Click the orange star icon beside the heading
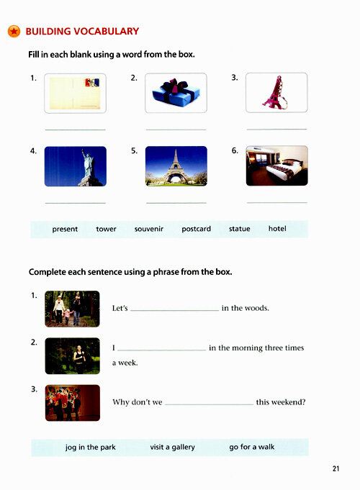[14, 31]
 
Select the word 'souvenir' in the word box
[149, 229]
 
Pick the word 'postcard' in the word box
[196, 229]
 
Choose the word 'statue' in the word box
[239, 229]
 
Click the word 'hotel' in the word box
[277, 228]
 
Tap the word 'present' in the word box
[65, 229]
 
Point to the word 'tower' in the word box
[106, 229]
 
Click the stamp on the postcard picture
[92, 83]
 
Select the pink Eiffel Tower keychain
[275, 93]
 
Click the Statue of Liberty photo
[76, 166]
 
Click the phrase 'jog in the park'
[91, 447]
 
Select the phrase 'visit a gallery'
[172, 447]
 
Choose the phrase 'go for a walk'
[252, 447]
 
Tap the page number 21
[336, 468]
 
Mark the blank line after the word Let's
[174, 310]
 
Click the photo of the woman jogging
[72, 356]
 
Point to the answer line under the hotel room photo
[276, 203]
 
